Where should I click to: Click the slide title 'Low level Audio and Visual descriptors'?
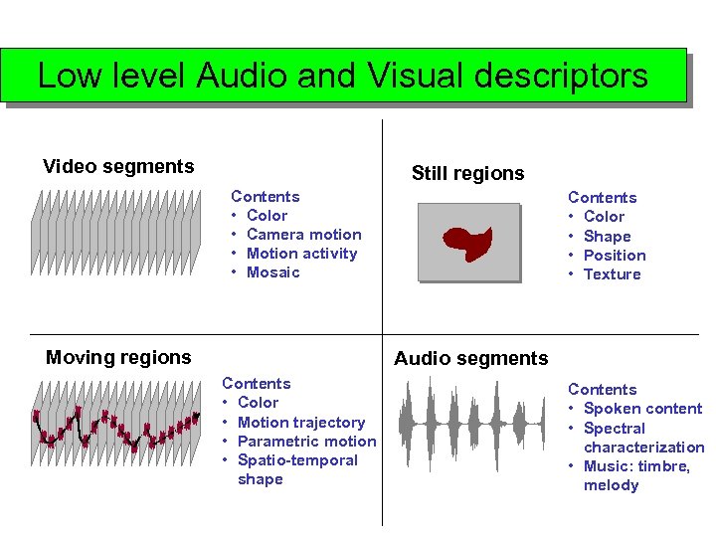343,76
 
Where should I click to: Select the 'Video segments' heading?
118,166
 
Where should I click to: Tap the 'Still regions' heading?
467,173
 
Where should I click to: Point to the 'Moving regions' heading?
118,357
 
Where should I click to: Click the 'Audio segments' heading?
470,358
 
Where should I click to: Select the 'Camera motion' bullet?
303,235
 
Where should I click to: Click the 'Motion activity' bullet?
301,254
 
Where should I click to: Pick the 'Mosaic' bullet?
272,272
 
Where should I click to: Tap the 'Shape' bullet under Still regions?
607,236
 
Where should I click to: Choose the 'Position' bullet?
615,255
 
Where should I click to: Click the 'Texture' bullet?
612,274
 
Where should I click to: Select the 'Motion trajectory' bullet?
301,422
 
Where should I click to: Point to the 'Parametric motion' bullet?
307,441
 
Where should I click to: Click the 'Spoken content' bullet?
642,409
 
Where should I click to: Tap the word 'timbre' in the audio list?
665,466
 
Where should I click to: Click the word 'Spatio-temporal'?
297,460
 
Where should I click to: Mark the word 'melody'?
611,485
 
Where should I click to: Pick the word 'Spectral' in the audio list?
615,428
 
